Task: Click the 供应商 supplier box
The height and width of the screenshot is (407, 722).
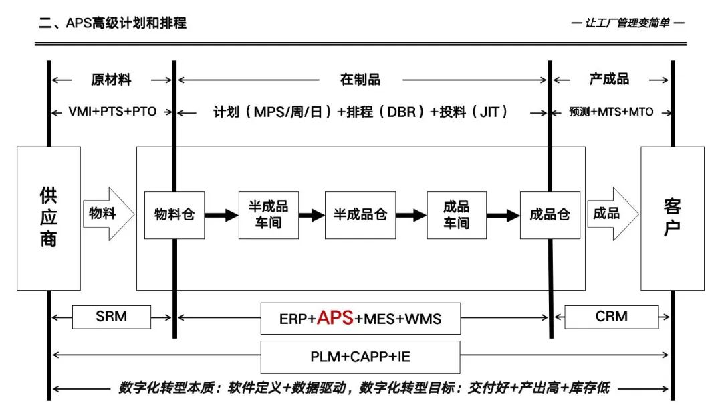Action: click(49, 218)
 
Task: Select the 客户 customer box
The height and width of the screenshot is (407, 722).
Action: click(672, 218)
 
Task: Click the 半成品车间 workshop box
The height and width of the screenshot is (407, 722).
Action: click(268, 215)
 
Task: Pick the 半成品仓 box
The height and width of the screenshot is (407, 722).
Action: click(360, 215)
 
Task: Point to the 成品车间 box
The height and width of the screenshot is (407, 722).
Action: click(457, 215)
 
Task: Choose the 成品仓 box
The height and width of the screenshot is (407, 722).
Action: click(550, 215)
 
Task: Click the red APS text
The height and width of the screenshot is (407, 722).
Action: click(335, 318)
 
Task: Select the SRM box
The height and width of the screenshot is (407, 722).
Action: click(112, 316)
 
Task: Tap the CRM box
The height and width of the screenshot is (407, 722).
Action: click(611, 316)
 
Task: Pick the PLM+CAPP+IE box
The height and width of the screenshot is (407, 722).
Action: click(360, 357)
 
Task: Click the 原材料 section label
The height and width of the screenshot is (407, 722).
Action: click(112, 80)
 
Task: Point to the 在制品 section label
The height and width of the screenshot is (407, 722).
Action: click(360, 80)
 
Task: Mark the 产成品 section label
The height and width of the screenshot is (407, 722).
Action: click(609, 80)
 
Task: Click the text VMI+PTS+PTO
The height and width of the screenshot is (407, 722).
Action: click(112, 112)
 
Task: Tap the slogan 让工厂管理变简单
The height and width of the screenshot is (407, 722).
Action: click(628, 23)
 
